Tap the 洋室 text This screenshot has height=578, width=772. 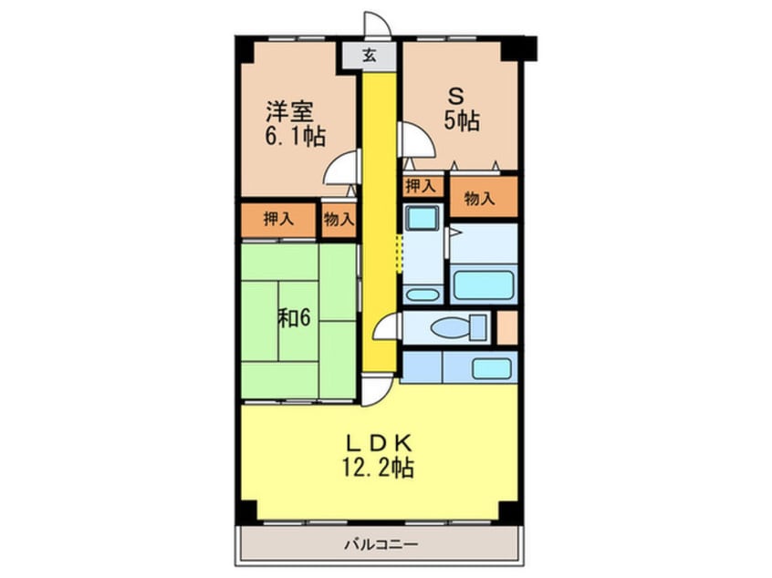[290, 112]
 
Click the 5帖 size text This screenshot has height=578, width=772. [462, 121]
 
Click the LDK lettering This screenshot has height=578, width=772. [381, 444]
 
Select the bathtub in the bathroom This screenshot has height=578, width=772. [485, 283]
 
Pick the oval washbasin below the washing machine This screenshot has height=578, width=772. [422, 294]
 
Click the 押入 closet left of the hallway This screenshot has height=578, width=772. [278, 219]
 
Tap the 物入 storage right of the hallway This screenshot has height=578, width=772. [479, 199]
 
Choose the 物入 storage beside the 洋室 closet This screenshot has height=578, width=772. [339, 219]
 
